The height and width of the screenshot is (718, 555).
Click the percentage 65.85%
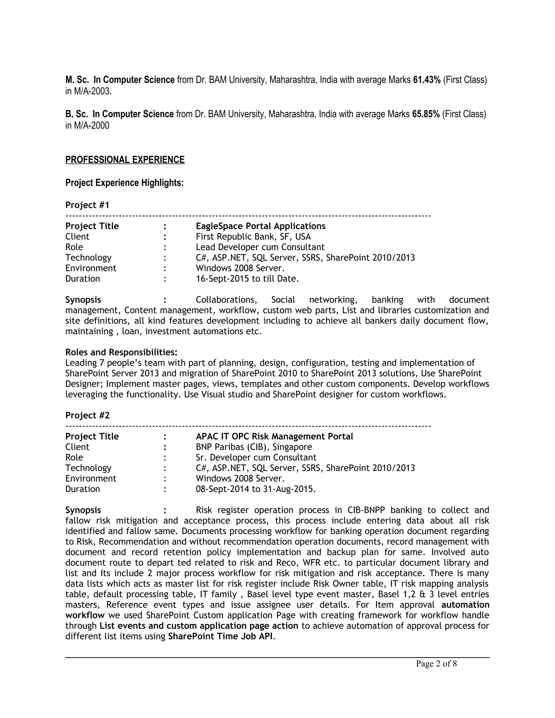point(426,114)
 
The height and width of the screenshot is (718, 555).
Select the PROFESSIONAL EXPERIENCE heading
point(125,160)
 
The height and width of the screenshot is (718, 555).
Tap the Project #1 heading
point(87,205)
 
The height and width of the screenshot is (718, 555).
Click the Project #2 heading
point(87,416)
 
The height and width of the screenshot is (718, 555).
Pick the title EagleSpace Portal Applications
point(260,226)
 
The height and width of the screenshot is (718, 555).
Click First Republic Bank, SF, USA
point(253,237)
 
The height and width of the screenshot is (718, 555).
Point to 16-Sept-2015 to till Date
point(247,279)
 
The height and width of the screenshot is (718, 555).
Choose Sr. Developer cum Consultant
point(256,458)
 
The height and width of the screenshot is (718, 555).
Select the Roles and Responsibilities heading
point(121,352)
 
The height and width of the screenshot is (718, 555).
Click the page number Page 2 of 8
point(436,664)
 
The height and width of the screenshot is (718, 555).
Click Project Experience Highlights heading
point(124,183)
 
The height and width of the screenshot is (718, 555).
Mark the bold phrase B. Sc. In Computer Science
point(119,114)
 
